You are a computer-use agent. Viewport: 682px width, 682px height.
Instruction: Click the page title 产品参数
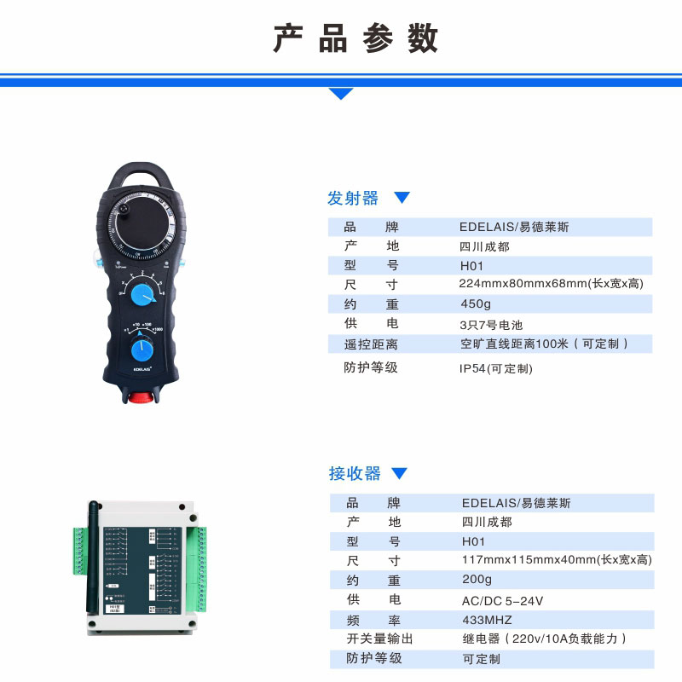[355, 38]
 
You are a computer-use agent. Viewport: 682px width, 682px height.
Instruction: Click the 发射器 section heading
[352, 198]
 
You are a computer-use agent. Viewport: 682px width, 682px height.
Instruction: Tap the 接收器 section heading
[355, 473]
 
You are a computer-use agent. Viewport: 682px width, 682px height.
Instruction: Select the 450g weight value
[476, 304]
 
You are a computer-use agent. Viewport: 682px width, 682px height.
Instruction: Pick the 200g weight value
[477, 580]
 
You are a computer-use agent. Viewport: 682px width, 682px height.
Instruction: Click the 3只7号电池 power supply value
[490, 325]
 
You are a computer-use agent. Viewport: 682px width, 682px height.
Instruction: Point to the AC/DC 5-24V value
[502, 600]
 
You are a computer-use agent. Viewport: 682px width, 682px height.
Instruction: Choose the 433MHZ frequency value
[487, 620]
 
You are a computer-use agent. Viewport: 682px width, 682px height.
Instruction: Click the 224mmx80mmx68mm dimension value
[551, 284]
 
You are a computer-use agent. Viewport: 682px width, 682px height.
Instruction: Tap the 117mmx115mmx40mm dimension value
[556, 560]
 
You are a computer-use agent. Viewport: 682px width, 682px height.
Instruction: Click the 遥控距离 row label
[371, 344]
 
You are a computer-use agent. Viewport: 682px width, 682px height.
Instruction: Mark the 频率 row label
[373, 620]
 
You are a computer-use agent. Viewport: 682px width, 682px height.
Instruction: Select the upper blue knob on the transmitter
[143, 295]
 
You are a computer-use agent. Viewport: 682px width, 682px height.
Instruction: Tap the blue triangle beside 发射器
[402, 198]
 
